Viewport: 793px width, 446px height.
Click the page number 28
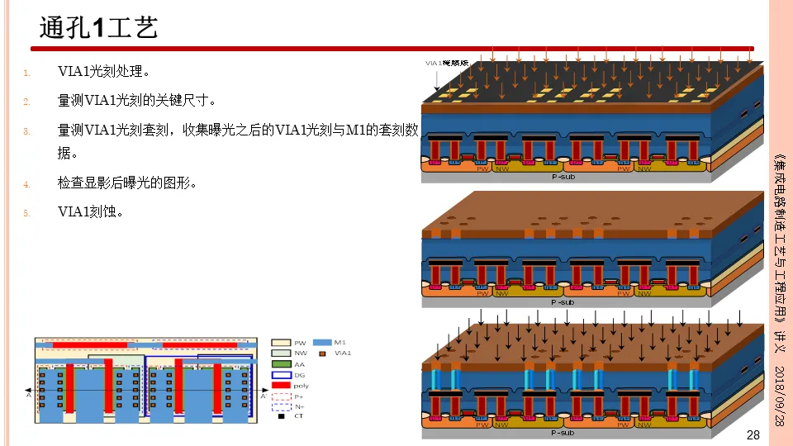(x=753, y=435)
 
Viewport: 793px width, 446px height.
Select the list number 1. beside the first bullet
(x=26, y=73)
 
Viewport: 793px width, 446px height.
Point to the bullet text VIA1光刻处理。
(x=104, y=73)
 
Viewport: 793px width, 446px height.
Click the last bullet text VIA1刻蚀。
(x=91, y=212)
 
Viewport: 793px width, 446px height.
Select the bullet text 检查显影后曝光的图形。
(x=126, y=183)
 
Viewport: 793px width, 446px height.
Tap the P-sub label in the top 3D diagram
(x=565, y=176)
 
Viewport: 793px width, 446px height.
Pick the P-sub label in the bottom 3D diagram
(x=565, y=432)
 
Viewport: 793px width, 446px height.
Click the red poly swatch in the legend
(x=282, y=385)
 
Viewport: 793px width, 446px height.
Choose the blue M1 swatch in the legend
(x=324, y=342)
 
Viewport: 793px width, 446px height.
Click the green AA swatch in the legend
(x=282, y=363)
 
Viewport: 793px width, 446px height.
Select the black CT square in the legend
(x=281, y=416)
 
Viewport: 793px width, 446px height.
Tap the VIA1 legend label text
(x=343, y=353)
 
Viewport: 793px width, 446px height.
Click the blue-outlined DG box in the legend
(x=282, y=374)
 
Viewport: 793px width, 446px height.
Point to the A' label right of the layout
(x=264, y=396)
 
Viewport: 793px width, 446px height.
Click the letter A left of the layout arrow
(x=29, y=396)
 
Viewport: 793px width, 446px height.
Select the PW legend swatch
(x=282, y=342)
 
